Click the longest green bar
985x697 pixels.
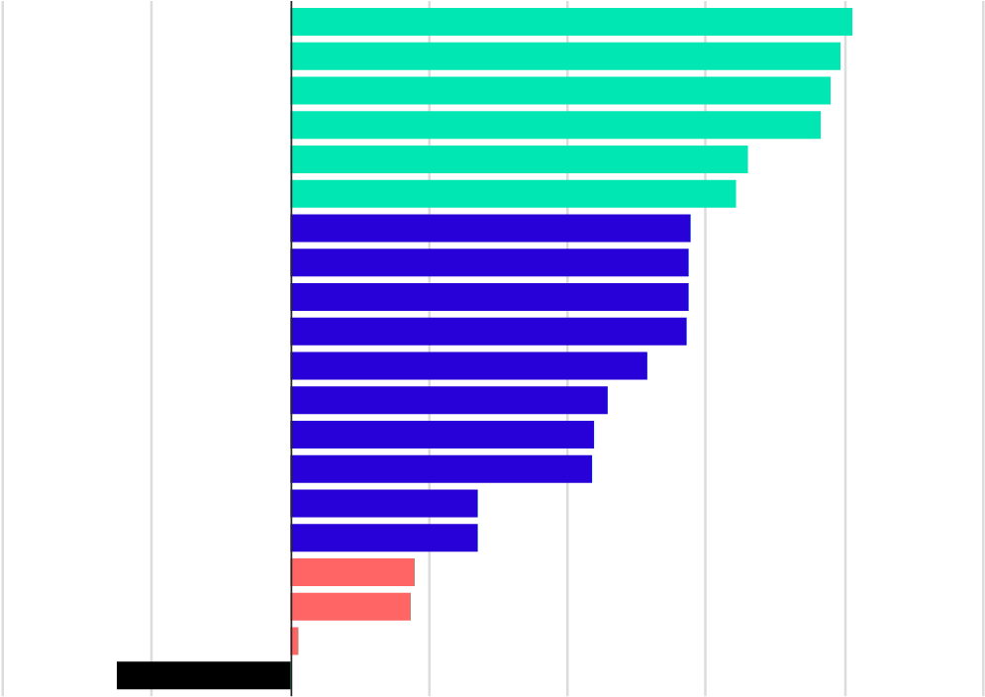571,22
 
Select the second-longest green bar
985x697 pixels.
565,56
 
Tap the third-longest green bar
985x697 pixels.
560,91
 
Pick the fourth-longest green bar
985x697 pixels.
555,125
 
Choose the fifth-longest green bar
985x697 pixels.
520,159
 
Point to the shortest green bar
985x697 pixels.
514,194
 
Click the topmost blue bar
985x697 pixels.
491,229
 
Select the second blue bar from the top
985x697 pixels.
490,262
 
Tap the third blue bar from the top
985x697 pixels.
490,297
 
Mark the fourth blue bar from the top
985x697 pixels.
489,332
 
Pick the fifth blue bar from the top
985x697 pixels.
469,366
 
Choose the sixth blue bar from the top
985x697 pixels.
449,400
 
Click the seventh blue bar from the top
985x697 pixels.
443,435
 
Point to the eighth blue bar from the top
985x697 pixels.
442,469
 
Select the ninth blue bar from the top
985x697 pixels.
384,504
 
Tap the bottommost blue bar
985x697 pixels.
384,538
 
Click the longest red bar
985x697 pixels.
352,572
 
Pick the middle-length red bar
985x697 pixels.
350,607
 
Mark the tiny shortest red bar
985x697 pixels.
295,642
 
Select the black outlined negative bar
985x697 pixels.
203,675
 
